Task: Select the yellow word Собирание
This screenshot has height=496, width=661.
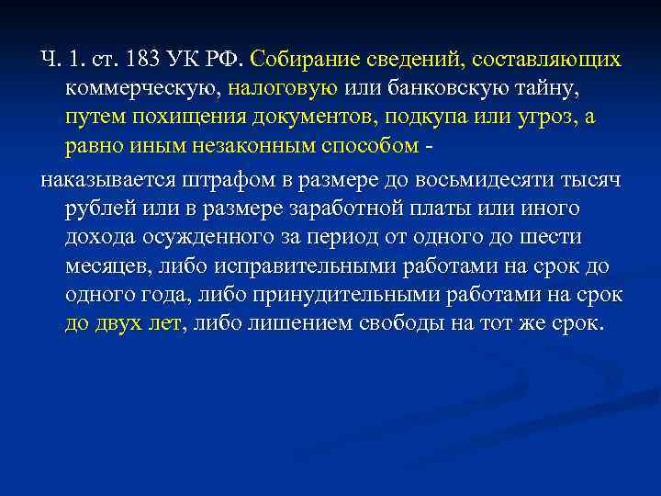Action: pos(295,61)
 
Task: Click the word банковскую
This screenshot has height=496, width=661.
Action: pos(431,90)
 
